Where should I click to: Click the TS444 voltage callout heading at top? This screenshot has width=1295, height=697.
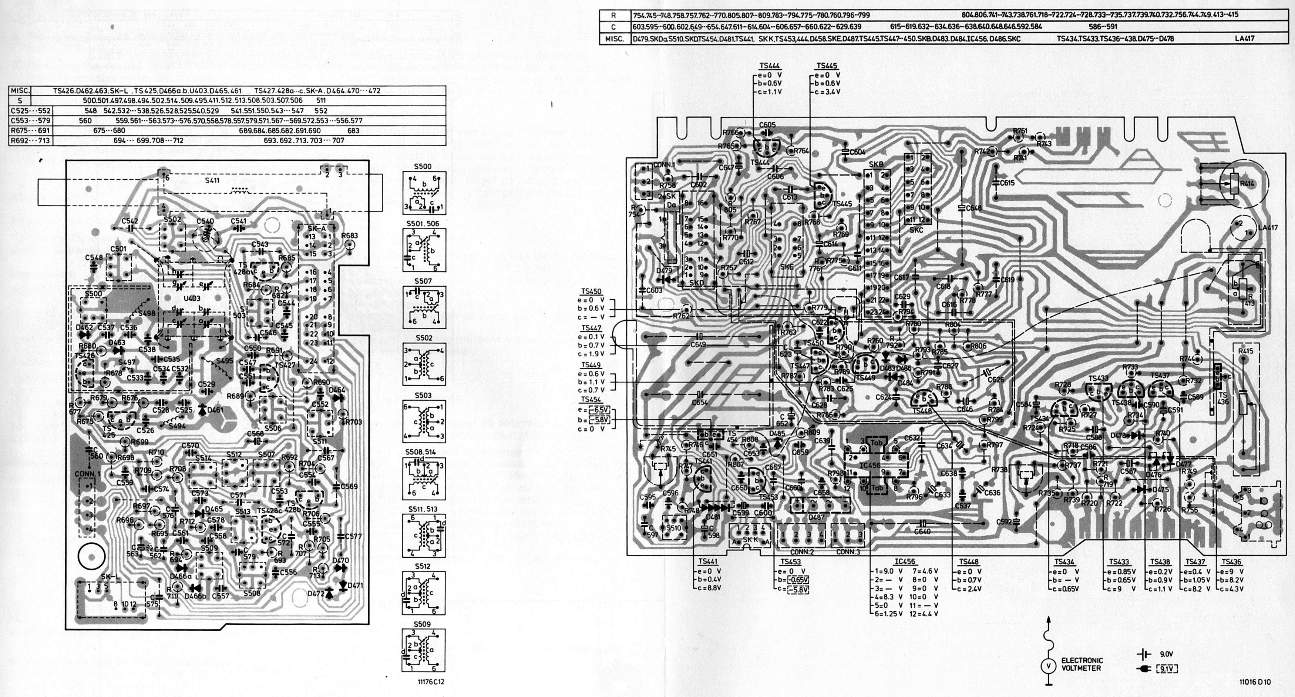(761, 66)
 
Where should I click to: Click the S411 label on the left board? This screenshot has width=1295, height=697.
(212, 181)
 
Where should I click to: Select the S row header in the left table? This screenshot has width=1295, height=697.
(20, 100)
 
